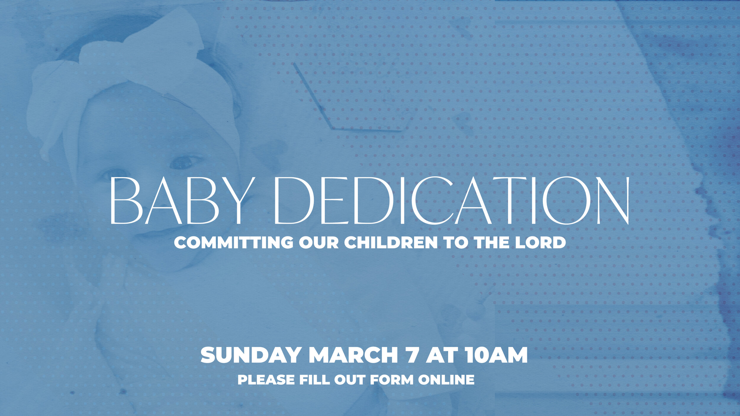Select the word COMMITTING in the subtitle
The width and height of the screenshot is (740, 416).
(234, 243)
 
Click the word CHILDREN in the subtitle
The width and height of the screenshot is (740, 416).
(391, 243)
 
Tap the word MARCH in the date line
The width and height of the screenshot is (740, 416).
(353, 355)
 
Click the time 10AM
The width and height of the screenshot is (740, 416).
(496, 355)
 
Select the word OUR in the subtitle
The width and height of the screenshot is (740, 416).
(318, 243)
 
